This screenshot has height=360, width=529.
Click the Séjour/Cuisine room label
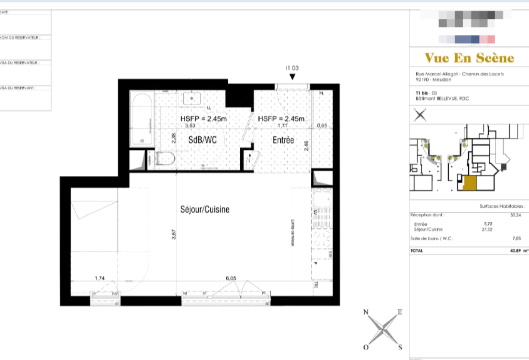205,210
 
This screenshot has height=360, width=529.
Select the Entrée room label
283,140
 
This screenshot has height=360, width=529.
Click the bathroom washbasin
191,99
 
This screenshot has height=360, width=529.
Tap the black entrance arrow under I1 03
292,77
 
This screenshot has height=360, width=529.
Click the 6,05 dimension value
231,277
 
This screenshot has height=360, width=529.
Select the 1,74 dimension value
100,277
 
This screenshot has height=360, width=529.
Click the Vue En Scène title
469,58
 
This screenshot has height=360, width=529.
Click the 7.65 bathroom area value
517,238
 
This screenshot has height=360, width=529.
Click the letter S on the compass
399,347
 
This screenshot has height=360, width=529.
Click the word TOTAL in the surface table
417,250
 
